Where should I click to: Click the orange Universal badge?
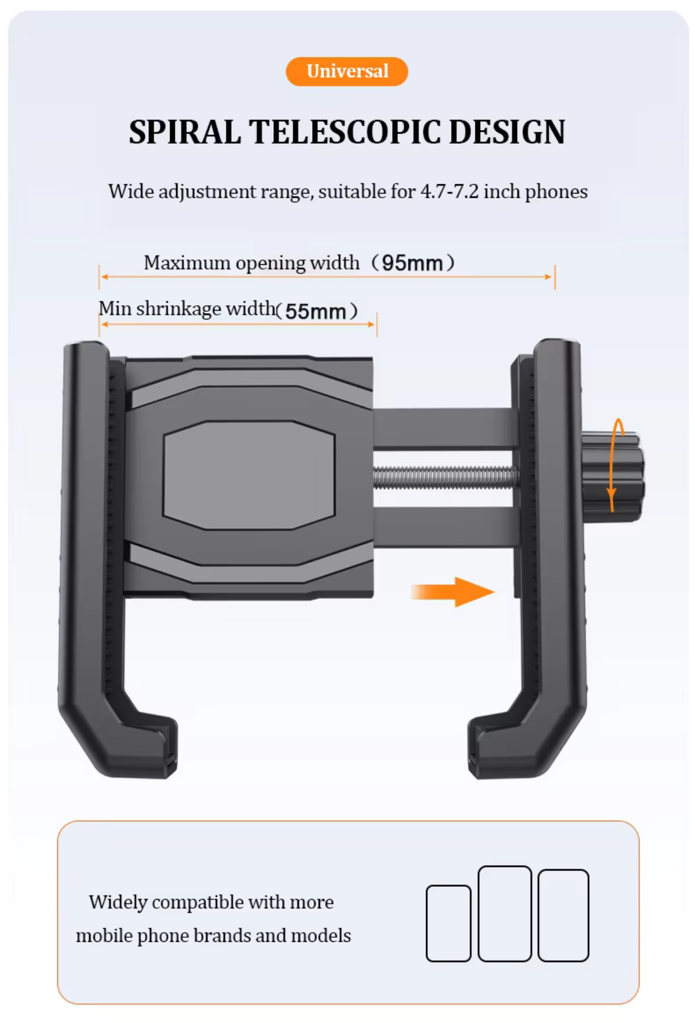[346, 71]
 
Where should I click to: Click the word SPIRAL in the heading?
[185, 132]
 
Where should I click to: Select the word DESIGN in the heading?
[507, 132]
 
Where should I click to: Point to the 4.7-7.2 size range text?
[449, 191]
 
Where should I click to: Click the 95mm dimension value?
[412, 263]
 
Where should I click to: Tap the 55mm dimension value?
[316, 311]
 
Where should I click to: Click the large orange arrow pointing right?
[452, 592]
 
